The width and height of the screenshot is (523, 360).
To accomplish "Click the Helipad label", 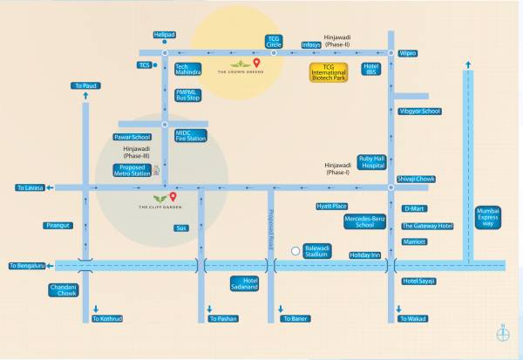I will (x=164, y=35).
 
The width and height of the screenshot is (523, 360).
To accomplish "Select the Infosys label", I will (x=311, y=45).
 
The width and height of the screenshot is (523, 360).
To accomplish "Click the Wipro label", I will (x=408, y=53).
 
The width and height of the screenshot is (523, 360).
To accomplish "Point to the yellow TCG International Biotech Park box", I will (x=336, y=72).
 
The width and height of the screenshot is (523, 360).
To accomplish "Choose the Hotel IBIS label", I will (x=371, y=70).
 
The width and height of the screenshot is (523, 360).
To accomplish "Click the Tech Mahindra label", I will (x=188, y=70).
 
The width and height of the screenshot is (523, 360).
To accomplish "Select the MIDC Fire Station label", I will (x=190, y=135).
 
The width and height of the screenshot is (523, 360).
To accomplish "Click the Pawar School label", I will (x=132, y=137).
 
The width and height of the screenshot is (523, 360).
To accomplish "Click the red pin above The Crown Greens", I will (x=257, y=64).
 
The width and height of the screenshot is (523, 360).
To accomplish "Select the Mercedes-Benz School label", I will (x=364, y=221).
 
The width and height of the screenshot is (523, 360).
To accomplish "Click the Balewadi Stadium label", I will (x=317, y=250).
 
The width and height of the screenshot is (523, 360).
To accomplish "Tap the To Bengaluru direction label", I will (x=26, y=266).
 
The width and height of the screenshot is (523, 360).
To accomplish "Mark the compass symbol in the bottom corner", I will (x=502, y=331).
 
